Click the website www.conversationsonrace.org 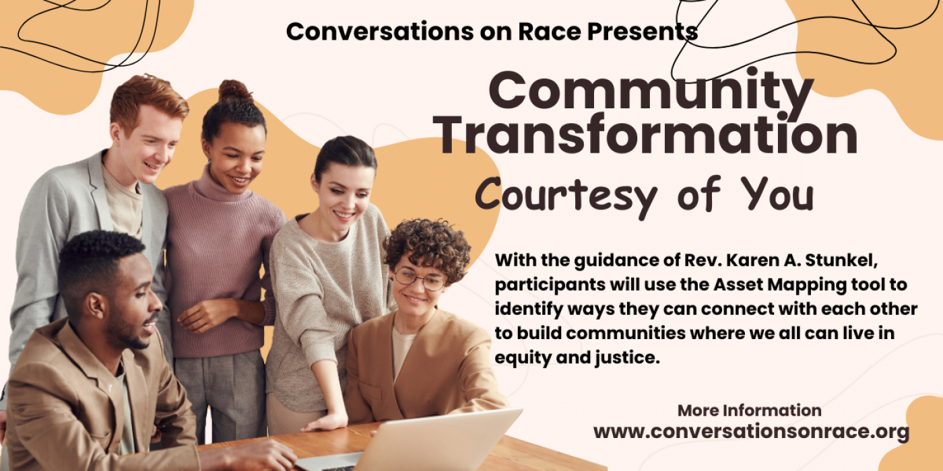pos(751,432)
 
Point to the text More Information pos(749,410)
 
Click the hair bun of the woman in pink pos(235,91)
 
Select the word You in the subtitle pos(777,194)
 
